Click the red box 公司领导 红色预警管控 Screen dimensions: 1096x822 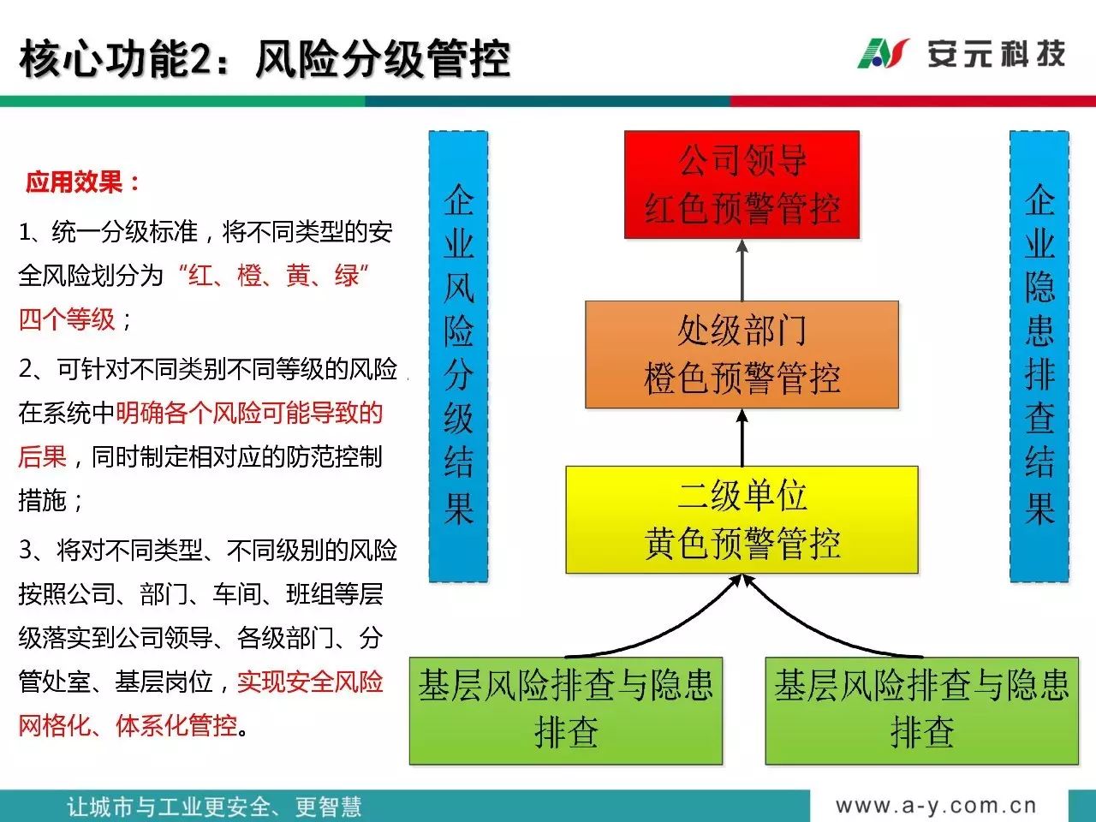[742, 185]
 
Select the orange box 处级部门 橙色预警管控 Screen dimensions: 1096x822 [742, 354]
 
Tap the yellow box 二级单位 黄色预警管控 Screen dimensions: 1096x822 [742, 520]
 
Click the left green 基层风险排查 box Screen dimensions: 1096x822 [566, 711]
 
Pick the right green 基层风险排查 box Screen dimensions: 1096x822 [921, 711]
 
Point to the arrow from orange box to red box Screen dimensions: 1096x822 [742, 270]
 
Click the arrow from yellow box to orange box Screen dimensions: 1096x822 [742, 438]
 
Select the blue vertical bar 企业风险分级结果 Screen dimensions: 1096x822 [458, 356]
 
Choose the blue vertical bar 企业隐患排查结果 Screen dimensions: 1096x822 [1039, 356]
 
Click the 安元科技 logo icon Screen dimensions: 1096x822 [884, 53]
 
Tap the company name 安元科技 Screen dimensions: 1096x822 [997, 53]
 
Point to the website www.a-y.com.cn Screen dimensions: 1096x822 [936, 806]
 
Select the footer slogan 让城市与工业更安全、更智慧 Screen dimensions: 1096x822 [214, 807]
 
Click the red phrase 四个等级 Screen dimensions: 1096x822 [67, 319]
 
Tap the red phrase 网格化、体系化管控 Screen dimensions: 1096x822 [128, 725]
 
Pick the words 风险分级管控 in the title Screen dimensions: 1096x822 [383, 59]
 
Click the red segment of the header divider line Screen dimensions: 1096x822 [914, 101]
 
